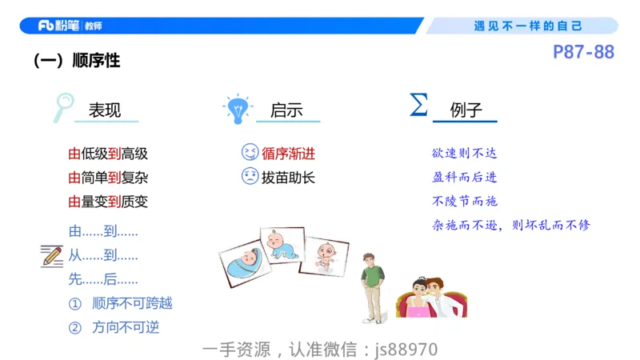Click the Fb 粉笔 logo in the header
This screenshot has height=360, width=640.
click(70, 26)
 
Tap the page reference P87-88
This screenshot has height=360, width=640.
click(583, 53)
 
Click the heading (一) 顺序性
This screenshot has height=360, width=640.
click(77, 60)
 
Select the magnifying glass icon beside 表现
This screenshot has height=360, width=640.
click(63, 107)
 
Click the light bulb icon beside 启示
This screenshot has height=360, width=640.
click(237, 108)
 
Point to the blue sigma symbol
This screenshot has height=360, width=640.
click(418, 105)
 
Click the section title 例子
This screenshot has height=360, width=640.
click(466, 110)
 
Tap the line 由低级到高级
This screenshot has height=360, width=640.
click(108, 154)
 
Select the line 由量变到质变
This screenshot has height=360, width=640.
click(108, 202)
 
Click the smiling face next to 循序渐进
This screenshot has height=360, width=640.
click(250, 153)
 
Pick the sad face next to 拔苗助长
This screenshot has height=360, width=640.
click(250, 177)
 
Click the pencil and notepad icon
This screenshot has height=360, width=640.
click(52, 256)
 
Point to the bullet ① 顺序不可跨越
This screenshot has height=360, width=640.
click(120, 303)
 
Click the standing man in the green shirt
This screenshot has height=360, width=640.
click(372, 284)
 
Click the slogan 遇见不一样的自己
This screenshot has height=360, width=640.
click(528, 26)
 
